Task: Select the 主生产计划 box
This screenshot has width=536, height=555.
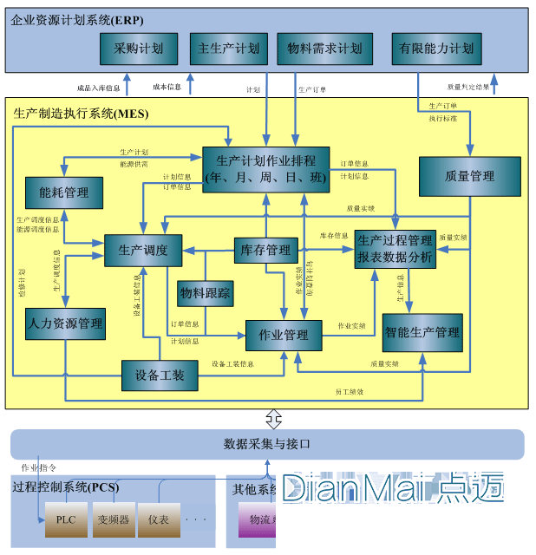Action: point(229,49)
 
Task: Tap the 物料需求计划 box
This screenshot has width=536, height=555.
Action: point(324,49)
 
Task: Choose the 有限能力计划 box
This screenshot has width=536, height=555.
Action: point(436,49)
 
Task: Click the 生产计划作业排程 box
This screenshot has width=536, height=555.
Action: point(265,169)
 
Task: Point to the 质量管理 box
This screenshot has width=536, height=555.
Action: point(469,176)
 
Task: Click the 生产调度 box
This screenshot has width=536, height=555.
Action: point(142,251)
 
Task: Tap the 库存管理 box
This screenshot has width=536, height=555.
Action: point(265,251)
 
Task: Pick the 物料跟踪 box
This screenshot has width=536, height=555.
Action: point(206,294)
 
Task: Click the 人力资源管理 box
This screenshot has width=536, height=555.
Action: point(65,324)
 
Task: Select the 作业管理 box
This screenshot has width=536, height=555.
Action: point(284,335)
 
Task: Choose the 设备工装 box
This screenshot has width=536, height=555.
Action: point(159,375)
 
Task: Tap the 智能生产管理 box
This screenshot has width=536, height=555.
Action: point(422,332)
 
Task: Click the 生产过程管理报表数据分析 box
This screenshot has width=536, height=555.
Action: point(395,249)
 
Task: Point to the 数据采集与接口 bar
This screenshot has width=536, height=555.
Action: point(267,444)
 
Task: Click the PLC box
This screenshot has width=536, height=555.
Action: point(66,519)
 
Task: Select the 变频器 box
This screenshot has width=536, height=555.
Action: point(113,519)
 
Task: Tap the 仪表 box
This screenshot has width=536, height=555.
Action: point(159,519)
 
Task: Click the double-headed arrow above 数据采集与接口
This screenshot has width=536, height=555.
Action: point(273,419)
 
